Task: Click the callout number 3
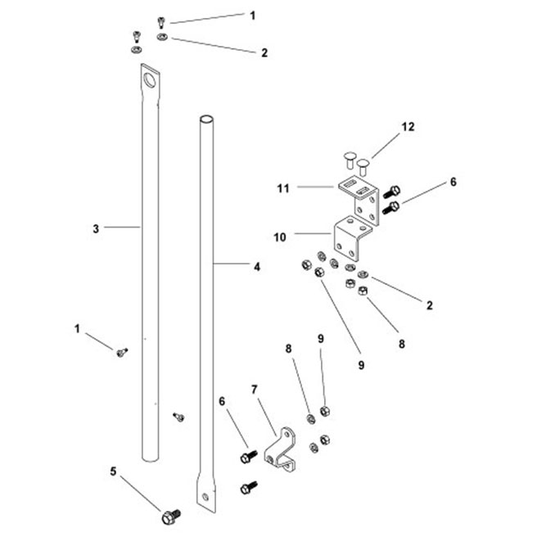click(x=97, y=228)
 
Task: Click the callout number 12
click(x=408, y=127)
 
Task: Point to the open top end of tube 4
click(x=206, y=120)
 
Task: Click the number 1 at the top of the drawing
click(x=252, y=16)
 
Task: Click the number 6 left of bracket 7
click(x=222, y=401)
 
